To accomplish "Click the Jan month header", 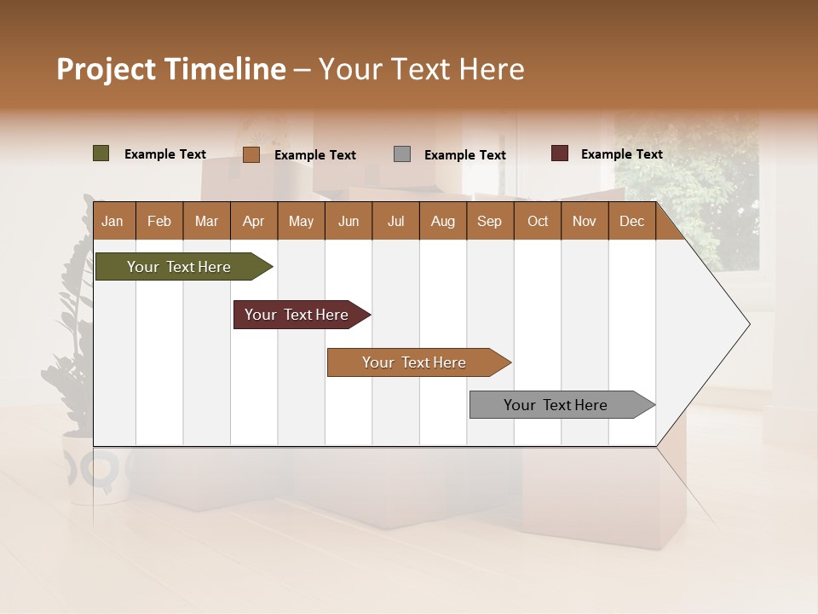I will click(x=112, y=222).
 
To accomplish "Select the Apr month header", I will click(x=253, y=222).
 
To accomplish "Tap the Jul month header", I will click(x=395, y=222).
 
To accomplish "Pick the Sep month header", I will click(x=489, y=222).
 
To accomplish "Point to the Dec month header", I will click(x=631, y=222).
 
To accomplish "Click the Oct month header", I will click(x=538, y=222).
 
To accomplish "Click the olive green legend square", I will click(x=101, y=153).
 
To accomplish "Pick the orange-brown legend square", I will click(x=251, y=154).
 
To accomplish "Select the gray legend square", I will click(x=402, y=154).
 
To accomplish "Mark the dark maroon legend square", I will click(x=560, y=153).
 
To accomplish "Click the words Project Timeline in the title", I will click(x=171, y=69).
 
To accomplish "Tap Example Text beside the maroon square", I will click(x=621, y=154).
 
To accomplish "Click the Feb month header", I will click(x=159, y=222).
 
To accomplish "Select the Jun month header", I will click(x=349, y=222).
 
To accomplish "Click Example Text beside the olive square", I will click(x=165, y=154).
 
